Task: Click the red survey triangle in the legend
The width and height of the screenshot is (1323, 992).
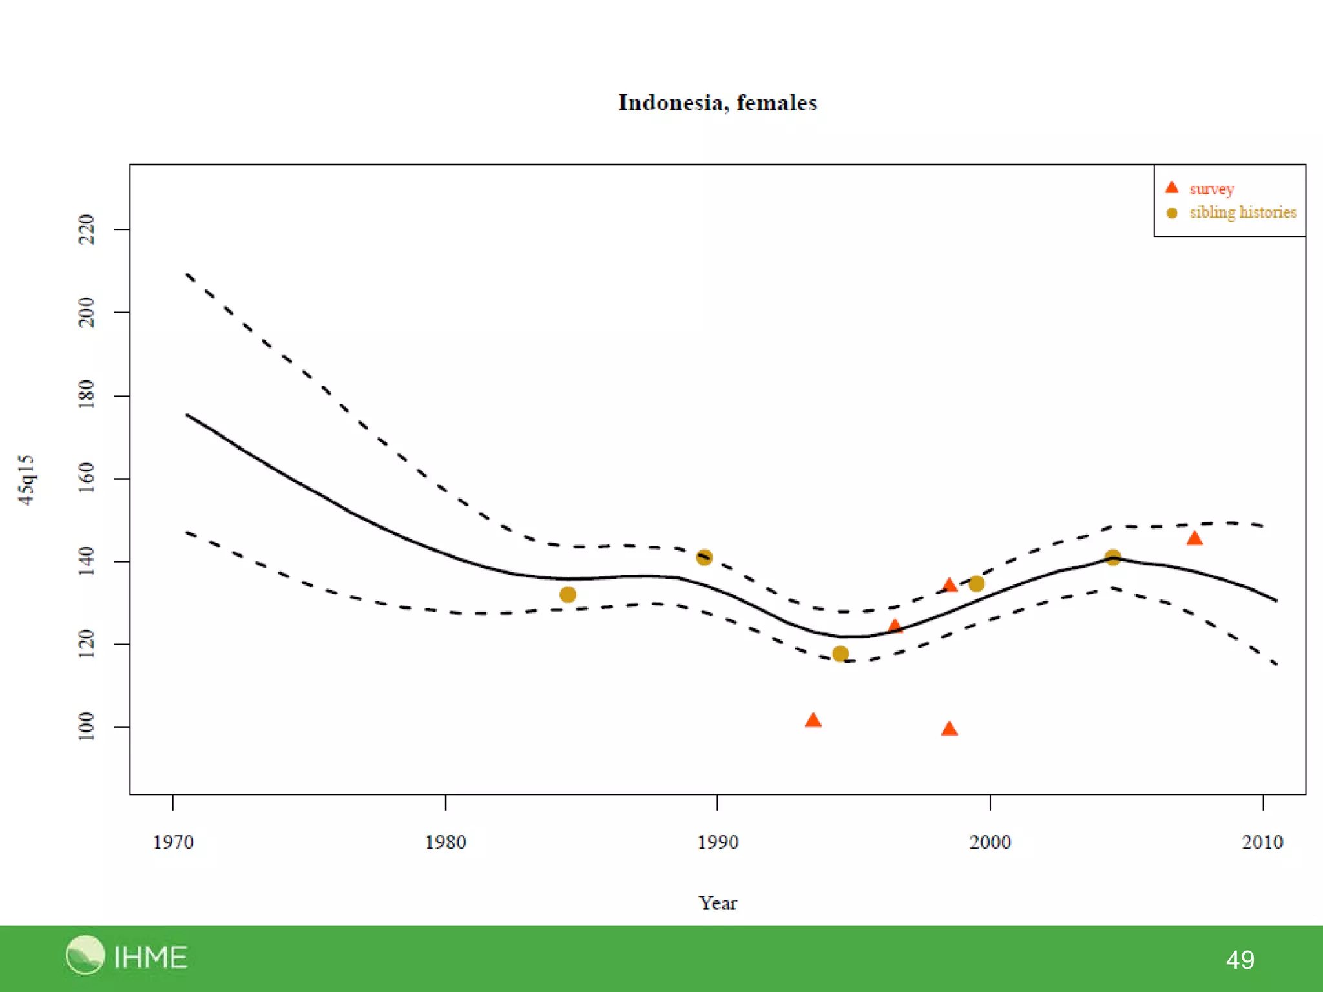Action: (x=1171, y=188)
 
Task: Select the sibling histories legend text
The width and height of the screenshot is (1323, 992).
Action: (x=1242, y=212)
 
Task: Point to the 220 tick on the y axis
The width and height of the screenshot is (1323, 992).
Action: (x=86, y=229)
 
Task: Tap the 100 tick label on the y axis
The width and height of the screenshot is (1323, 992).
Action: (x=86, y=727)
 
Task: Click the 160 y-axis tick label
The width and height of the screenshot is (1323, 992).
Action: (x=86, y=478)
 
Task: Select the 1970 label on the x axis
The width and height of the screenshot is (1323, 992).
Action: (x=172, y=842)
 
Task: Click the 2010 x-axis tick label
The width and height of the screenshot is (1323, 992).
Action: (x=1262, y=842)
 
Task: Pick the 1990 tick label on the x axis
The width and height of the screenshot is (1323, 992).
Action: (x=717, y=842)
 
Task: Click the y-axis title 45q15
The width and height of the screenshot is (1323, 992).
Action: (x=26, y=479)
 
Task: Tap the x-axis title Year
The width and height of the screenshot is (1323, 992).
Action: (x=717, y=903)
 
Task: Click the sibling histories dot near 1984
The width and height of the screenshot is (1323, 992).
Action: (x=568, y=595)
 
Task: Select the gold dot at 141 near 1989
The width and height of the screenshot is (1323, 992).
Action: (x=704, y=557)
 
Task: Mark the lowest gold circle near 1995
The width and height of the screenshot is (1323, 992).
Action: (x=840, y=654)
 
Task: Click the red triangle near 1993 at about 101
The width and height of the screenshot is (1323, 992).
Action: (x=813, y=721)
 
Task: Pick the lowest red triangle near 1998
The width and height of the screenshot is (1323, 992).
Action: (x=949, y=730)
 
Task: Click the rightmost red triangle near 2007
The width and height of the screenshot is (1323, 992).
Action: (x=1194, y=539)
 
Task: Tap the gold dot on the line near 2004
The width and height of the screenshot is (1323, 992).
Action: (x=1112, y=557)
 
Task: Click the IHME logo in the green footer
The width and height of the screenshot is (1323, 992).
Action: (x=127, y=956)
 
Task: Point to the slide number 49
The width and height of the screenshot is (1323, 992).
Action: (x=1240, y=960)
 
